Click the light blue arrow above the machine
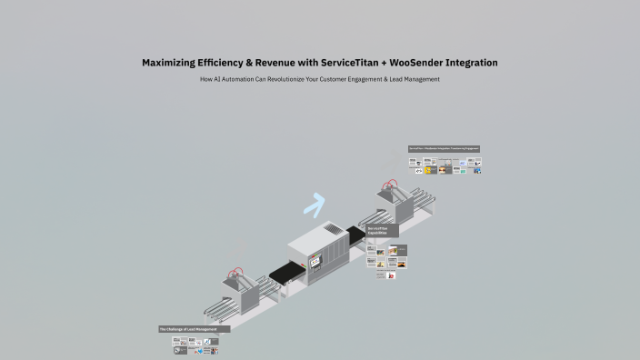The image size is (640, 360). [315, 206]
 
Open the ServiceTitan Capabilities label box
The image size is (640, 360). [383, 231]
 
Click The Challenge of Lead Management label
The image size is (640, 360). [194, 329]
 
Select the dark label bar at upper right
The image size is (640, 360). [444, 148]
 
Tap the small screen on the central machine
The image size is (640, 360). [316, 262]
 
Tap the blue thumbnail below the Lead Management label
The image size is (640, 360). [201, 351]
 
